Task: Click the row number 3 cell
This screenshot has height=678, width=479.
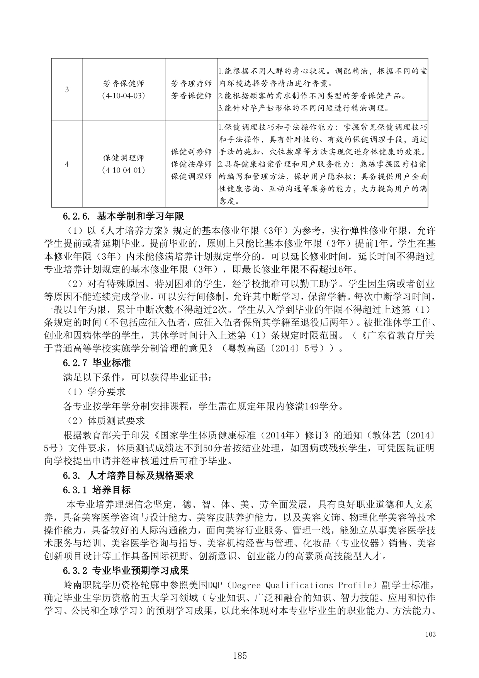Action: pyautogui.click(x=67, y=90)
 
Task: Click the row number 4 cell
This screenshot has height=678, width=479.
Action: pyautogui.click(x=67, y=164)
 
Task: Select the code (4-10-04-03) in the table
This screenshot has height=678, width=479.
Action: pyautogui.click(x=123, y=95)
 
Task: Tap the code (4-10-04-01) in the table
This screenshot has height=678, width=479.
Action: pyautogui.click(x=123, y=170)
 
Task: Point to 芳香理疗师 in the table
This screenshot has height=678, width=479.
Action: pyautogui.click(x=191, y=84)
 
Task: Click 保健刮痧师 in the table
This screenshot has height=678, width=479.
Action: pyautogui.click(x=191, y=152)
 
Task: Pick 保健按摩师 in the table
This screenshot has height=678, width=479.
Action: pyautogui.click(x=191, y=164)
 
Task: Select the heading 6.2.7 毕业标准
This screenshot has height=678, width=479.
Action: pyautogui.click(x=97, y=363)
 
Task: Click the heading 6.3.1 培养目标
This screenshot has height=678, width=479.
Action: pyautogui.click(x=97, y=490)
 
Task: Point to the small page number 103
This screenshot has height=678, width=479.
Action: pyautogui.click(x=430, y=634)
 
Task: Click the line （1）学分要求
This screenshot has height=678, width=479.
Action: pyautogui.click(x=94, y=392)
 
